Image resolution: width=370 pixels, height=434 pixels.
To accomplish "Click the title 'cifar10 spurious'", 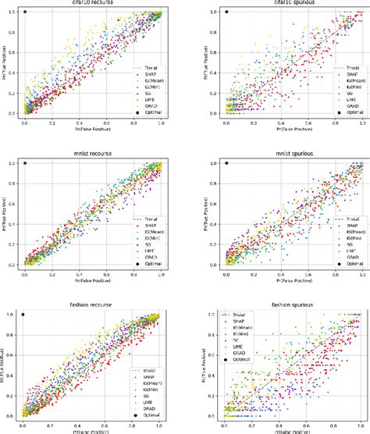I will (x=294, y=3).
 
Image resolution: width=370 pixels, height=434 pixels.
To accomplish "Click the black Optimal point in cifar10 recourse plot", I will (x=25, y=12).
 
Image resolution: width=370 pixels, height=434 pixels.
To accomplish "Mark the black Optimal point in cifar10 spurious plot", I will (x=226, y=12).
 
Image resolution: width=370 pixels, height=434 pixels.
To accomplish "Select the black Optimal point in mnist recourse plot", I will (x=25, y=163).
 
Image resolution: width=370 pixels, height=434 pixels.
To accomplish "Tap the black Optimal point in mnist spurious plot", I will (x=226, y=163).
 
